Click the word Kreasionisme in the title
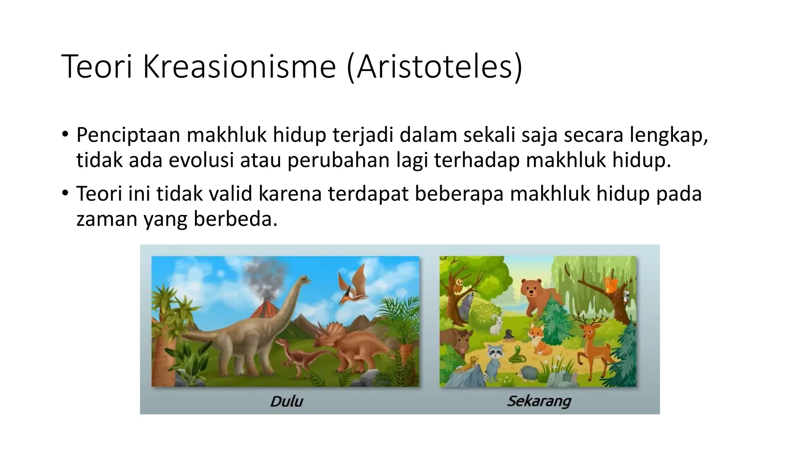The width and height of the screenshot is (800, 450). [239, 67]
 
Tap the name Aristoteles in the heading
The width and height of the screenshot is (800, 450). [434, 67]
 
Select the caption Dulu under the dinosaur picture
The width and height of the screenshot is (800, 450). [286, 401]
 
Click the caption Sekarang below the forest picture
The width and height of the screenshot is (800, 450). [539, 401]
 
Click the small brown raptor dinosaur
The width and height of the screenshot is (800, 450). [301, 354]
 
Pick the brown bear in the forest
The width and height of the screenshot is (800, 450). [537, 297]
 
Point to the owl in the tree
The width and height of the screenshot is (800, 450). [460, 286]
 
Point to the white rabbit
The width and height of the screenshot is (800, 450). [497, 325]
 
